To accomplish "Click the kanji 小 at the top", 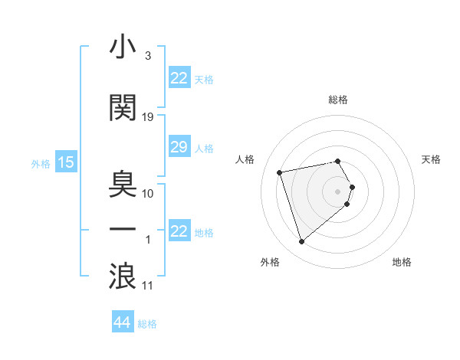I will point(123,48).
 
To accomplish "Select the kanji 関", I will point(123,109).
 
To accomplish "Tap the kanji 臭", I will point(123,185).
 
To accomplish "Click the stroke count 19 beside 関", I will point(148,117).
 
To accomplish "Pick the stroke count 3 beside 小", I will point(147,57).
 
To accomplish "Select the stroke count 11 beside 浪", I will point(148,286).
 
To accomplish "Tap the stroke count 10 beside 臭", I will point(148,193).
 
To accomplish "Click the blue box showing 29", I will point(179,147).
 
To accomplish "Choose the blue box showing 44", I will point(123,322).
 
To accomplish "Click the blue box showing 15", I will point(66,162).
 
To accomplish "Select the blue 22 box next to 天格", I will point(179,78).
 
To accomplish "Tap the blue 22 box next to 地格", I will point(179,231).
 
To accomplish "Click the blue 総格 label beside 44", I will point(147,324).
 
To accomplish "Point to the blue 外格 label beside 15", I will point(41,163).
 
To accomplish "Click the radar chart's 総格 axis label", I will point(338,100).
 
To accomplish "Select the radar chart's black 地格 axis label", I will point(402,263).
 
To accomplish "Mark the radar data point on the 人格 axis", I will point(280,172).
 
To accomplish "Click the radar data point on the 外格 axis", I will point(302,242).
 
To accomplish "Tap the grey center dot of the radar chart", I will point(338,191).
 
